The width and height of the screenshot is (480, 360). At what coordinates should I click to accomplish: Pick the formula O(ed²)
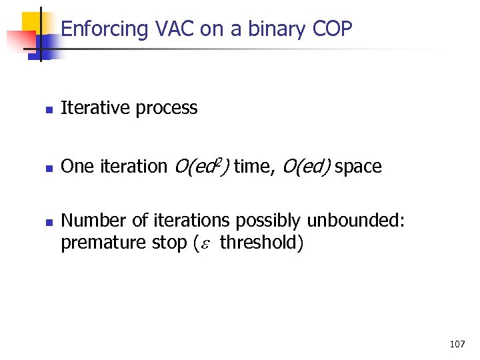click(201, 166)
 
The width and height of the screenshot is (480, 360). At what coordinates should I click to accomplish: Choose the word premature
click(95, 243)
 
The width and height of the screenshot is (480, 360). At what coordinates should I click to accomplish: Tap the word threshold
click(260, 243)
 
